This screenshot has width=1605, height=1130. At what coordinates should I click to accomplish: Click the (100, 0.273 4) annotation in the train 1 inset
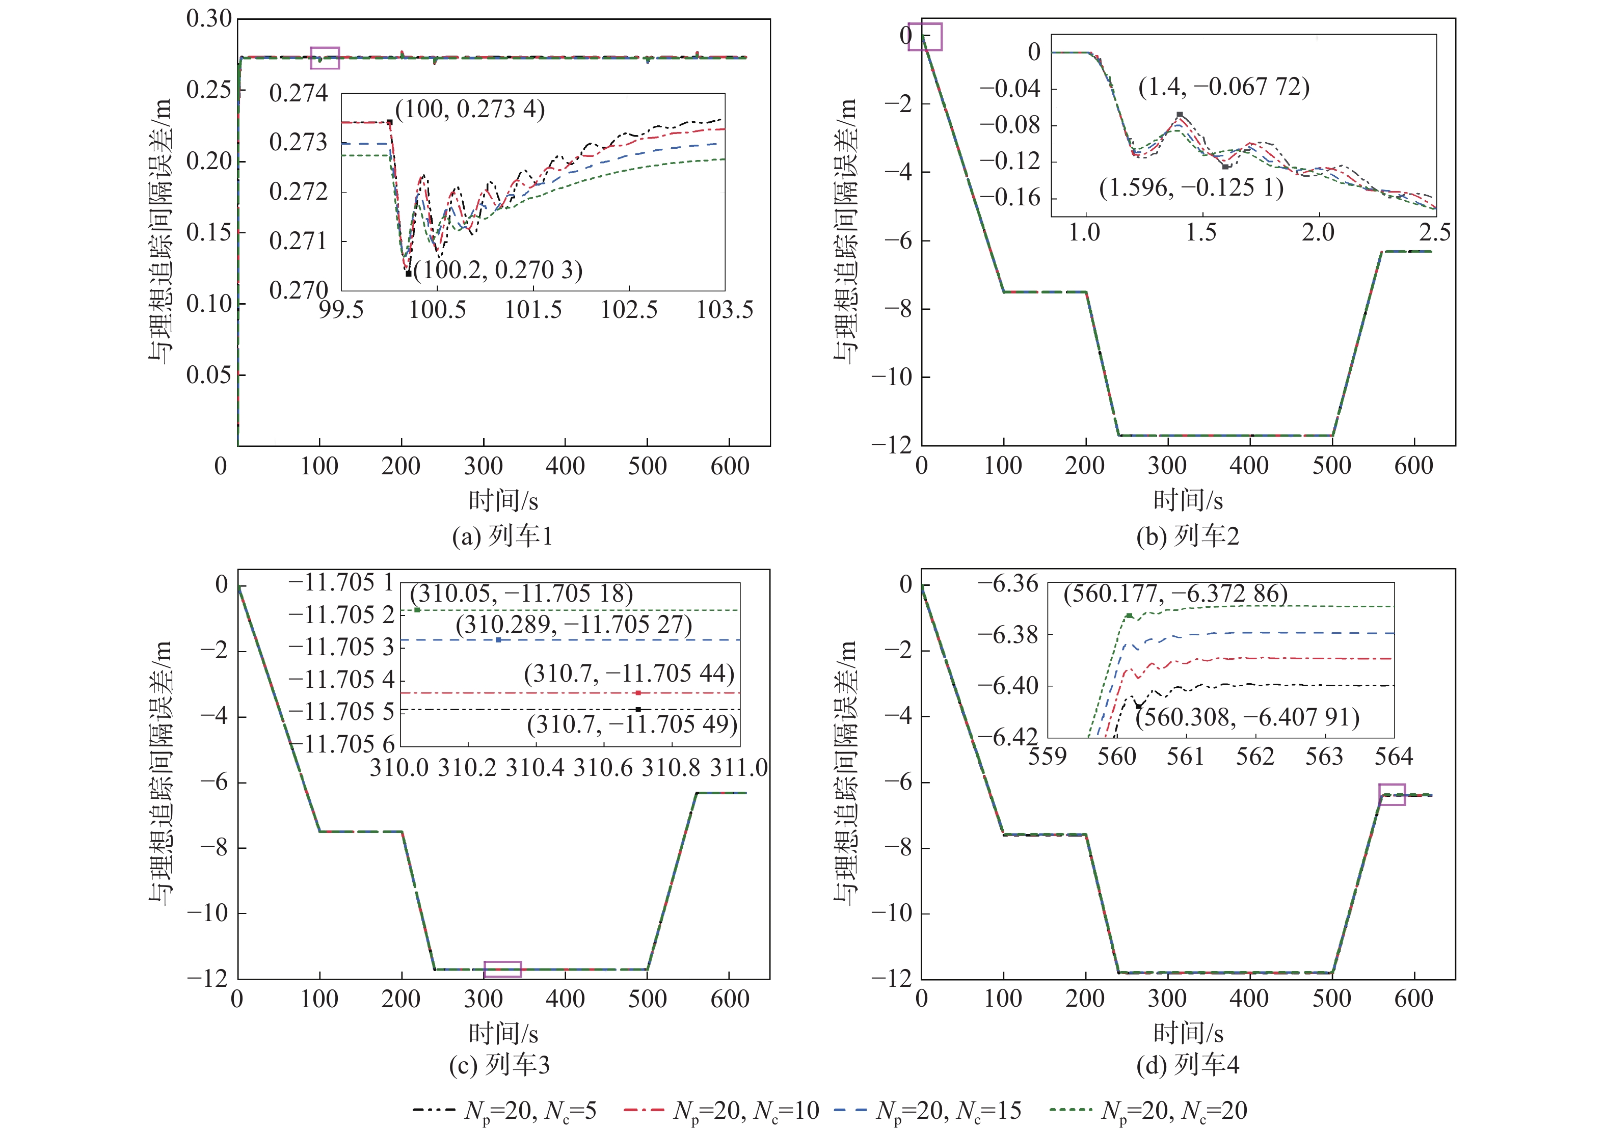coord(470,109)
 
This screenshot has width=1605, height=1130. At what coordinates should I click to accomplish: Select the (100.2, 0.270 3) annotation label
coord(498,270)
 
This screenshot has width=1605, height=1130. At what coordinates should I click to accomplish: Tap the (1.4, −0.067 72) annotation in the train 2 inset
coord(1224,87)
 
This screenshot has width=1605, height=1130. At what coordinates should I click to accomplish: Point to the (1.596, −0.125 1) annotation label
coord(1191,187)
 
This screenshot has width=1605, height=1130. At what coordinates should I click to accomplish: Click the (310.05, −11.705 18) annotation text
coord(521,594)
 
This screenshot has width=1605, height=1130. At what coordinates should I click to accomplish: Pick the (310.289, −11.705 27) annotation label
coord(574,624)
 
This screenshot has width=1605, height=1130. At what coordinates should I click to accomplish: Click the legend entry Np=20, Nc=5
coord(505,1110)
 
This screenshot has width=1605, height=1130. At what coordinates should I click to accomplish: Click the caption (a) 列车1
coord(502,536)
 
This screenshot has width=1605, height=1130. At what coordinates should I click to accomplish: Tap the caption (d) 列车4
coord(1188,1065)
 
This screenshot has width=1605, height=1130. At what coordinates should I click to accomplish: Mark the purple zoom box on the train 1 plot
coord(325,58)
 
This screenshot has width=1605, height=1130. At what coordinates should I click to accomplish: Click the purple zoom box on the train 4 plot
coord(1392,795)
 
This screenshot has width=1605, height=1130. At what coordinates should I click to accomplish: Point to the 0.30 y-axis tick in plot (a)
coord(208,19)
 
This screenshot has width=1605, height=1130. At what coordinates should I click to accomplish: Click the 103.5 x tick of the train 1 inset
coord(725,310)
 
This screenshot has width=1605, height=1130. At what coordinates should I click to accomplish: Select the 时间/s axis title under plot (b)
coord(1188,500)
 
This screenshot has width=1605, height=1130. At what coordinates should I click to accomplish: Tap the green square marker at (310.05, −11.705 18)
coord(417,610)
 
